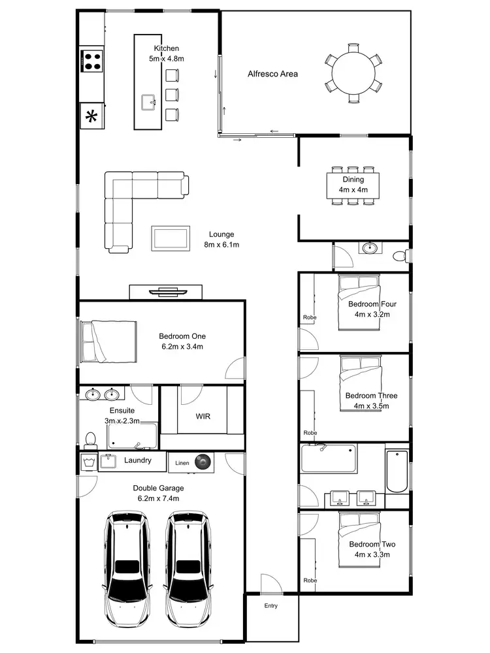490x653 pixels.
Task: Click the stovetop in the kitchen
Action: tap(92, 61)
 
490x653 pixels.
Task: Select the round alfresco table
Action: tap(353, 71)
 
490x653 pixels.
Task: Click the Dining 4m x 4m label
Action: tap(353, 185)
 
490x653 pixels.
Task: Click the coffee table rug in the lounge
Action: tap(171, 238)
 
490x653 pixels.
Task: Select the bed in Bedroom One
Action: tap(108, 341)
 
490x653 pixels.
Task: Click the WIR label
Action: tap(203, 416)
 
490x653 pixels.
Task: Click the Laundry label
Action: tap(138, 460)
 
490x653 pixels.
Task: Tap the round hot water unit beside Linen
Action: tap(204, 462)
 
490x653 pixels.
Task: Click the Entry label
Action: tap(270, 606)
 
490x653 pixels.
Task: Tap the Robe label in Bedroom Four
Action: tap(309, 318)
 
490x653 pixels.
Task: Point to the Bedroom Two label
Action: tap(371, 549)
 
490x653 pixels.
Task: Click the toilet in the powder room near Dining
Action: tap(401, 255)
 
